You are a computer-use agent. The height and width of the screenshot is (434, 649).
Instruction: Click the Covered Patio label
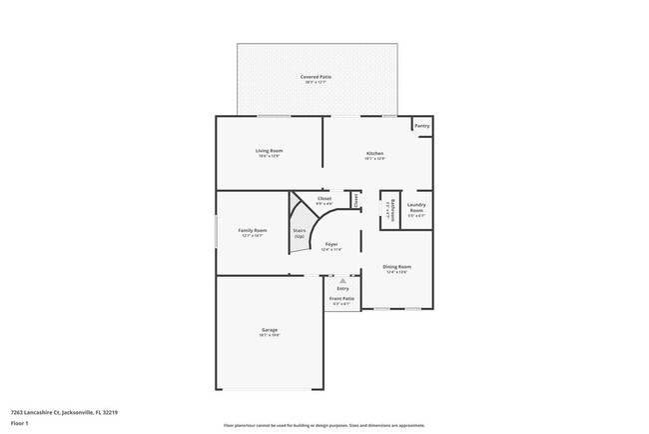pos(317,77)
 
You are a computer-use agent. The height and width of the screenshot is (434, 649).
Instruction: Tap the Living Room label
pos(269,150)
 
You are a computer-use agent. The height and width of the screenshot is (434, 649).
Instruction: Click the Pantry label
pos(422,126)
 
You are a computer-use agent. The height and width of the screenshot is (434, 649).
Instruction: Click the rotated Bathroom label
pos(392,209)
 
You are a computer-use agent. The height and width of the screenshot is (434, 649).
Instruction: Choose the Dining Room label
pos(397,267)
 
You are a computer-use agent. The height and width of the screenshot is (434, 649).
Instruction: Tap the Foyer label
pos(331,243)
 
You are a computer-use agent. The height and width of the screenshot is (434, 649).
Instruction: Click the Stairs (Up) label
pos(299,233)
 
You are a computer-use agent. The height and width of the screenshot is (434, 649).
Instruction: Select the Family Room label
pos(252,230)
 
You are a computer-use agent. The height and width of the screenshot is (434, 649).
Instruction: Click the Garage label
pos(270,330)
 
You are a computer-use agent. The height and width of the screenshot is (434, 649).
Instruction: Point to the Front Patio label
pos(342,300)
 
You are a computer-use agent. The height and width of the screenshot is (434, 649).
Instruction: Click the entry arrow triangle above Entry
pos(342,280)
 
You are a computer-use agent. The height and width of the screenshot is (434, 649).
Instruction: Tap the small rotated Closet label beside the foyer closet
pos(355,200)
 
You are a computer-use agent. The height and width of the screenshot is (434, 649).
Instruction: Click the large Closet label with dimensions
pos(324,199)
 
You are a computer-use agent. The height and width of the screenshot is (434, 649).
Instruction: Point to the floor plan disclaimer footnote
pos(324,425)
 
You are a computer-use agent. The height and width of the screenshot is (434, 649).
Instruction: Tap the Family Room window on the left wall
pos(218,233)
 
